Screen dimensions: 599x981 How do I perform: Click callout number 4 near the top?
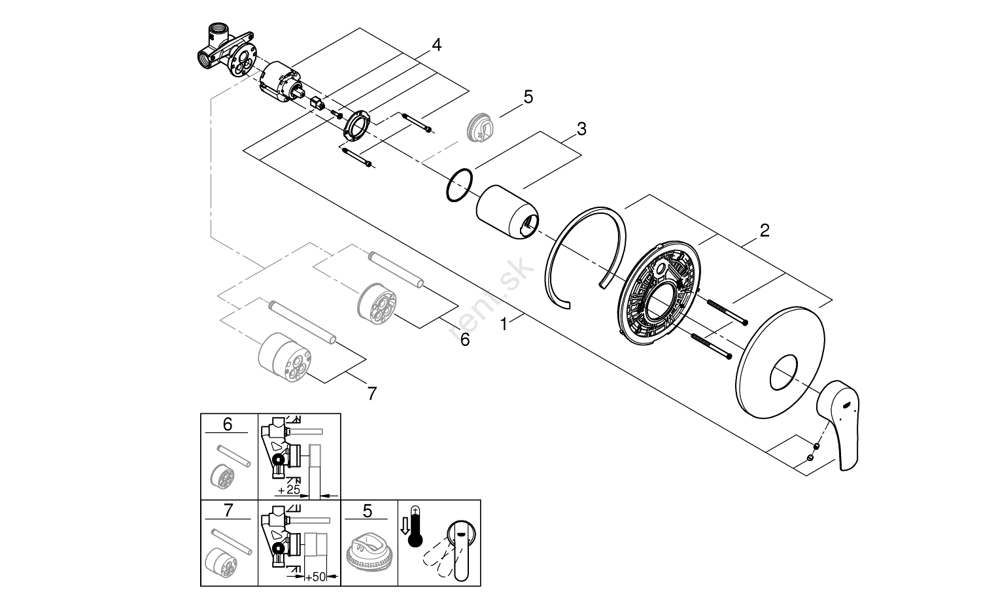(436, 45)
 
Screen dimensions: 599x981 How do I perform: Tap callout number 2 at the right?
(764, 230)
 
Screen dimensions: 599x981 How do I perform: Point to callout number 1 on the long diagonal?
(504, 323)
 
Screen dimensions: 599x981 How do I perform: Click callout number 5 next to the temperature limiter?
(528, 97)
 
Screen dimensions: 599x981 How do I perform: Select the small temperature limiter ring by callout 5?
(481, 128)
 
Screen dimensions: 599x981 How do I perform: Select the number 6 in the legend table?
(228, 424)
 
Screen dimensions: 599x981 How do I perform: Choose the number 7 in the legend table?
(228, 510)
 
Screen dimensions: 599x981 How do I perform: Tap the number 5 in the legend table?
(368, 510)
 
